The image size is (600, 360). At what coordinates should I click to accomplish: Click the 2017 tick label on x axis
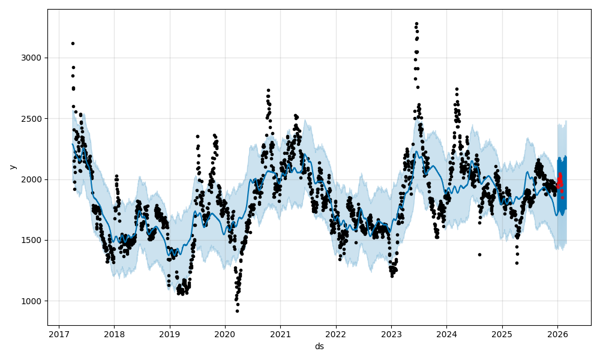click(x=59, y=335)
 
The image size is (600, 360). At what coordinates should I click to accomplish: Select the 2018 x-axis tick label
click(x=114, y=335)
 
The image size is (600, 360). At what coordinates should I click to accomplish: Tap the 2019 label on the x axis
click(x=169, y=335)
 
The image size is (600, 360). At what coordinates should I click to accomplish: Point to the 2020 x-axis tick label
click(x=225, y=335)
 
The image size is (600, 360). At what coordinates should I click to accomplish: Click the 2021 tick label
click(x=280, y=335)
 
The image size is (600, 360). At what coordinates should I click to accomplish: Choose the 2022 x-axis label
click(x=336, y=335)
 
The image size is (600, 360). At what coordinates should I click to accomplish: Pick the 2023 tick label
click(x=391, y=335)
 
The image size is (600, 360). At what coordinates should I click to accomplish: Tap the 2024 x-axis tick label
click(x=446, y=335)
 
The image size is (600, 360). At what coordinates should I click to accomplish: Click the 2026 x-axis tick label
click(x=557, y=335)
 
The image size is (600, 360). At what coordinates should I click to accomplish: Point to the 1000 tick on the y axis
click(x=33, y=301)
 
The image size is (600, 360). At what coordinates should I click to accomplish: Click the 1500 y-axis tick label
click(x=33, y=240)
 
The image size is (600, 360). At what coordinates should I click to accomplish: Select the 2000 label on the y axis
click(x=33, y=179)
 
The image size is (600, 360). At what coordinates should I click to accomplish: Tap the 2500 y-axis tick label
click(x=33, y=119)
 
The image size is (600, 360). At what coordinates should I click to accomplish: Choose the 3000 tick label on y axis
click(x=33, y=58)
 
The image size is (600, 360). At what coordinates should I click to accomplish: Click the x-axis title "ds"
click(x=319, y=346)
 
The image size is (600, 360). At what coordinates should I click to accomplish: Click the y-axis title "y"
click(x=13, y=167)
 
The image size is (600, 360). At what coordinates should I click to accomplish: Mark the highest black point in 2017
click(x=73, y=43)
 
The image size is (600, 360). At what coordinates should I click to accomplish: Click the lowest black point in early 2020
click(x=237, y=311)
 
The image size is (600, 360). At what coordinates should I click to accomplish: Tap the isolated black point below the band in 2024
click(x=479, y=254)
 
